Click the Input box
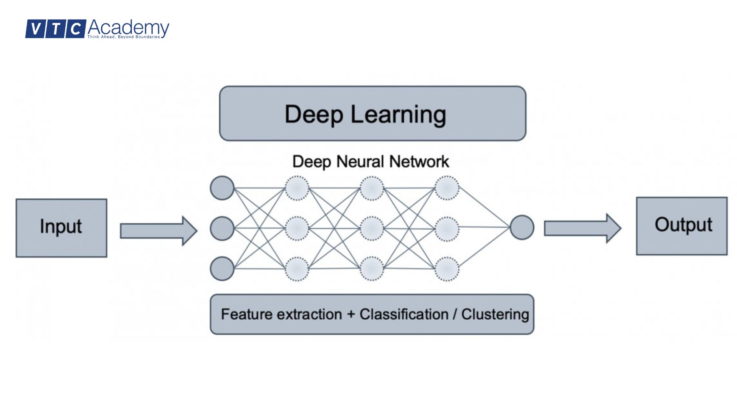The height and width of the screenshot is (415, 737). point(61,228)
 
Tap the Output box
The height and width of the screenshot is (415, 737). point(682,226)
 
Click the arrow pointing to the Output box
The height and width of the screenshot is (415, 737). point(582,228)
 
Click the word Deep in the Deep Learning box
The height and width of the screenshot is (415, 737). point(314,115)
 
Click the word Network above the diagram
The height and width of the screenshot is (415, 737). point(419,162)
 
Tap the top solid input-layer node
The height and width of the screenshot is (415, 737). point(222,188)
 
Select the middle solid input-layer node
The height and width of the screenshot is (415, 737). point(222,229)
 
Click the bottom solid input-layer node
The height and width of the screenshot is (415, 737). point(222,269)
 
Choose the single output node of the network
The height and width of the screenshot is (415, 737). point(522,227)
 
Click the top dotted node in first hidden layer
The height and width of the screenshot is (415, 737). point(297,188)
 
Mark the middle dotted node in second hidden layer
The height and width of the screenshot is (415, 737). point(372,229)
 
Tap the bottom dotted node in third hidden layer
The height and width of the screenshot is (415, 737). point(446,269)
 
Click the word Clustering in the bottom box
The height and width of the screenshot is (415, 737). point(495,314)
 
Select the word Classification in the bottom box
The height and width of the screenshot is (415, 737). point(404,314)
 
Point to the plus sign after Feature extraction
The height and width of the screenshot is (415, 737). point(350,315)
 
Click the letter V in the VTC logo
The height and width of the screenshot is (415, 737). point(35,29)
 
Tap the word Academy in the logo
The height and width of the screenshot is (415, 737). point(128,28)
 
